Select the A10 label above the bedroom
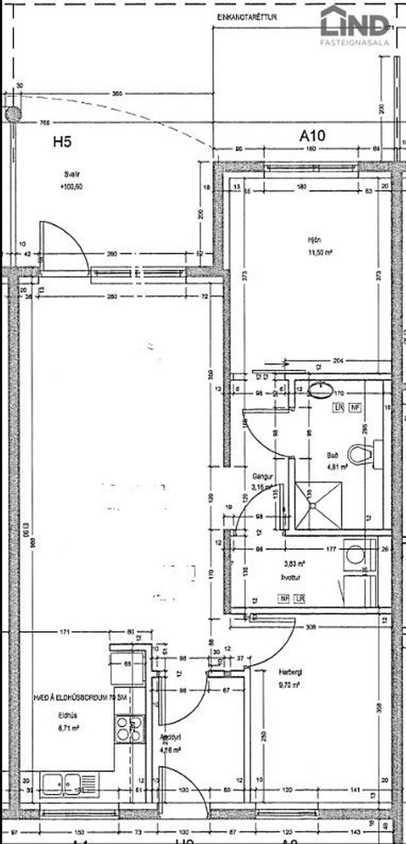click(312, 136)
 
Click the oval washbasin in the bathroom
click(321, 390)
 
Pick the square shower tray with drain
click(319, 504)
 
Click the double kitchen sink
click(69, 783)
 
